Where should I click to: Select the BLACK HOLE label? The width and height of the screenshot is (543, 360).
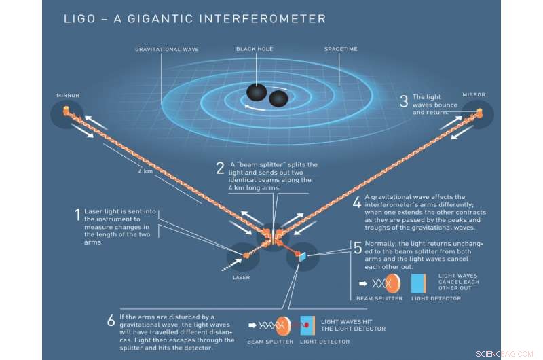coord(252,50)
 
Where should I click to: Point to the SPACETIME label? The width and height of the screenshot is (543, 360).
coord(341,50)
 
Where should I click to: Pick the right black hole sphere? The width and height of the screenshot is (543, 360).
coord(279,99)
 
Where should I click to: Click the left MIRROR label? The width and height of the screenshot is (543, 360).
coord(68,96)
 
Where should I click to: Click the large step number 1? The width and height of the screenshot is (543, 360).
coord(77,216)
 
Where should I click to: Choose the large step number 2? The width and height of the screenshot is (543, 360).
coord(220,168)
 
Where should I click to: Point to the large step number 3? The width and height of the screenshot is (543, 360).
coord(403,102)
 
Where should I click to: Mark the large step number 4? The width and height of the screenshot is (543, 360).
coord(357,202)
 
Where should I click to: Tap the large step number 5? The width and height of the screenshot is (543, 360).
coord(358,248)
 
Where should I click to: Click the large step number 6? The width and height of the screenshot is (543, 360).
coord(111,321)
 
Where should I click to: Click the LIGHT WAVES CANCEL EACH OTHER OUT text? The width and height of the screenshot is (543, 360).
coord(459,281)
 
